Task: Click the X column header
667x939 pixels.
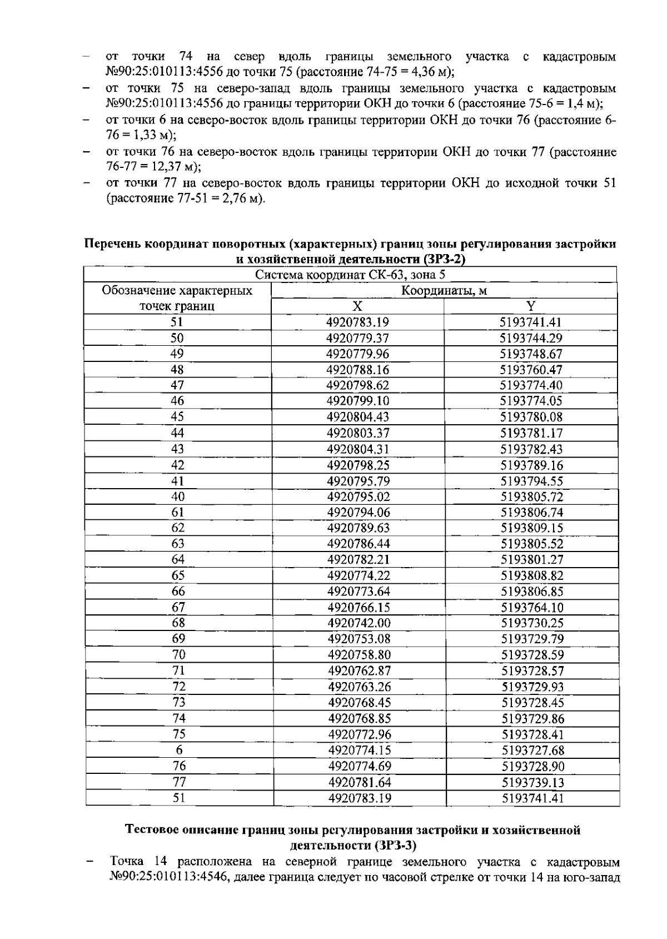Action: point(357,306)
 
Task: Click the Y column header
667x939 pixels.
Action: point(531,306)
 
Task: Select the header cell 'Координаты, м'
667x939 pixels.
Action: point(444,291)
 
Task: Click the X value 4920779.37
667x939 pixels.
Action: point(357,338)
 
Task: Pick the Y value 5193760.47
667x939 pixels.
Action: point(531,370)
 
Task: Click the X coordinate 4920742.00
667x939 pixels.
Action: point(359,623)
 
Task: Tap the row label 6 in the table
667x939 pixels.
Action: point(179,750)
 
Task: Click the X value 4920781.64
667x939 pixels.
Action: point(360,782)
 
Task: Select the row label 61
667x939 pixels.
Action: point(178,512)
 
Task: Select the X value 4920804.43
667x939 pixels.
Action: point(358,417)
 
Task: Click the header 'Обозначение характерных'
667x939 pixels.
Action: point(177,291)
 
